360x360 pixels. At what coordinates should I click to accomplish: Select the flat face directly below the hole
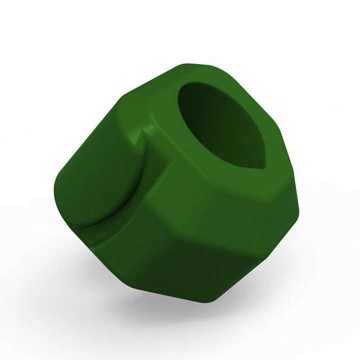[225, 189]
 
